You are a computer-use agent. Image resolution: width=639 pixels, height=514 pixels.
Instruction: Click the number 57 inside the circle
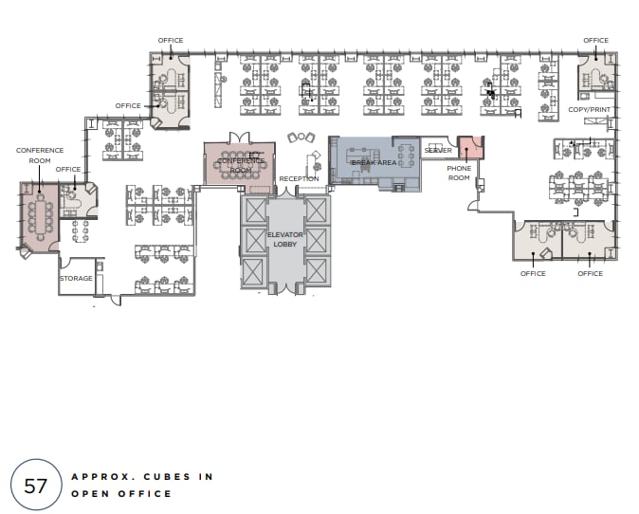click(x=36, y=486)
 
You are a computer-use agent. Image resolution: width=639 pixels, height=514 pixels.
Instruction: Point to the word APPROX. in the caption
click(x=100, y=476)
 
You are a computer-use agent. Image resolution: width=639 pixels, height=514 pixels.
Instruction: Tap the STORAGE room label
click(x=76, y=279)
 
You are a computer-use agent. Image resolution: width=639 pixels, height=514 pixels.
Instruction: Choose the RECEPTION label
click(x=299, y=178)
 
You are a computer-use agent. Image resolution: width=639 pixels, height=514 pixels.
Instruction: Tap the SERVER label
click(x=438, y=150)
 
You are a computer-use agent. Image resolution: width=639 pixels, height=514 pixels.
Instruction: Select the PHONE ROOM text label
click(x=459, y=173)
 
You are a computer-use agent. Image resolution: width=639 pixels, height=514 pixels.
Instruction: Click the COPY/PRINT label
click(x=589, y=110)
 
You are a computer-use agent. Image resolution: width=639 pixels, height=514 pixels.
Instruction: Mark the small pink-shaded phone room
click(x=470, y=147)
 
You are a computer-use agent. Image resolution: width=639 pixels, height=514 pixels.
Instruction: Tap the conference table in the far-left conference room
click(x=40, y=218)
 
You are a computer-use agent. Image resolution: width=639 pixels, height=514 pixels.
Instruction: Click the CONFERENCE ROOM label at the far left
click(x=40, y=155)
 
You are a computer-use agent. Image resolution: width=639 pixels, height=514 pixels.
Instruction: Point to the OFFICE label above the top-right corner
click(x=595, y=41)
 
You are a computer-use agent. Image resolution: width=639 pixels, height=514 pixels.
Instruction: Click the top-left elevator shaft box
click(x=255, y=211)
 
